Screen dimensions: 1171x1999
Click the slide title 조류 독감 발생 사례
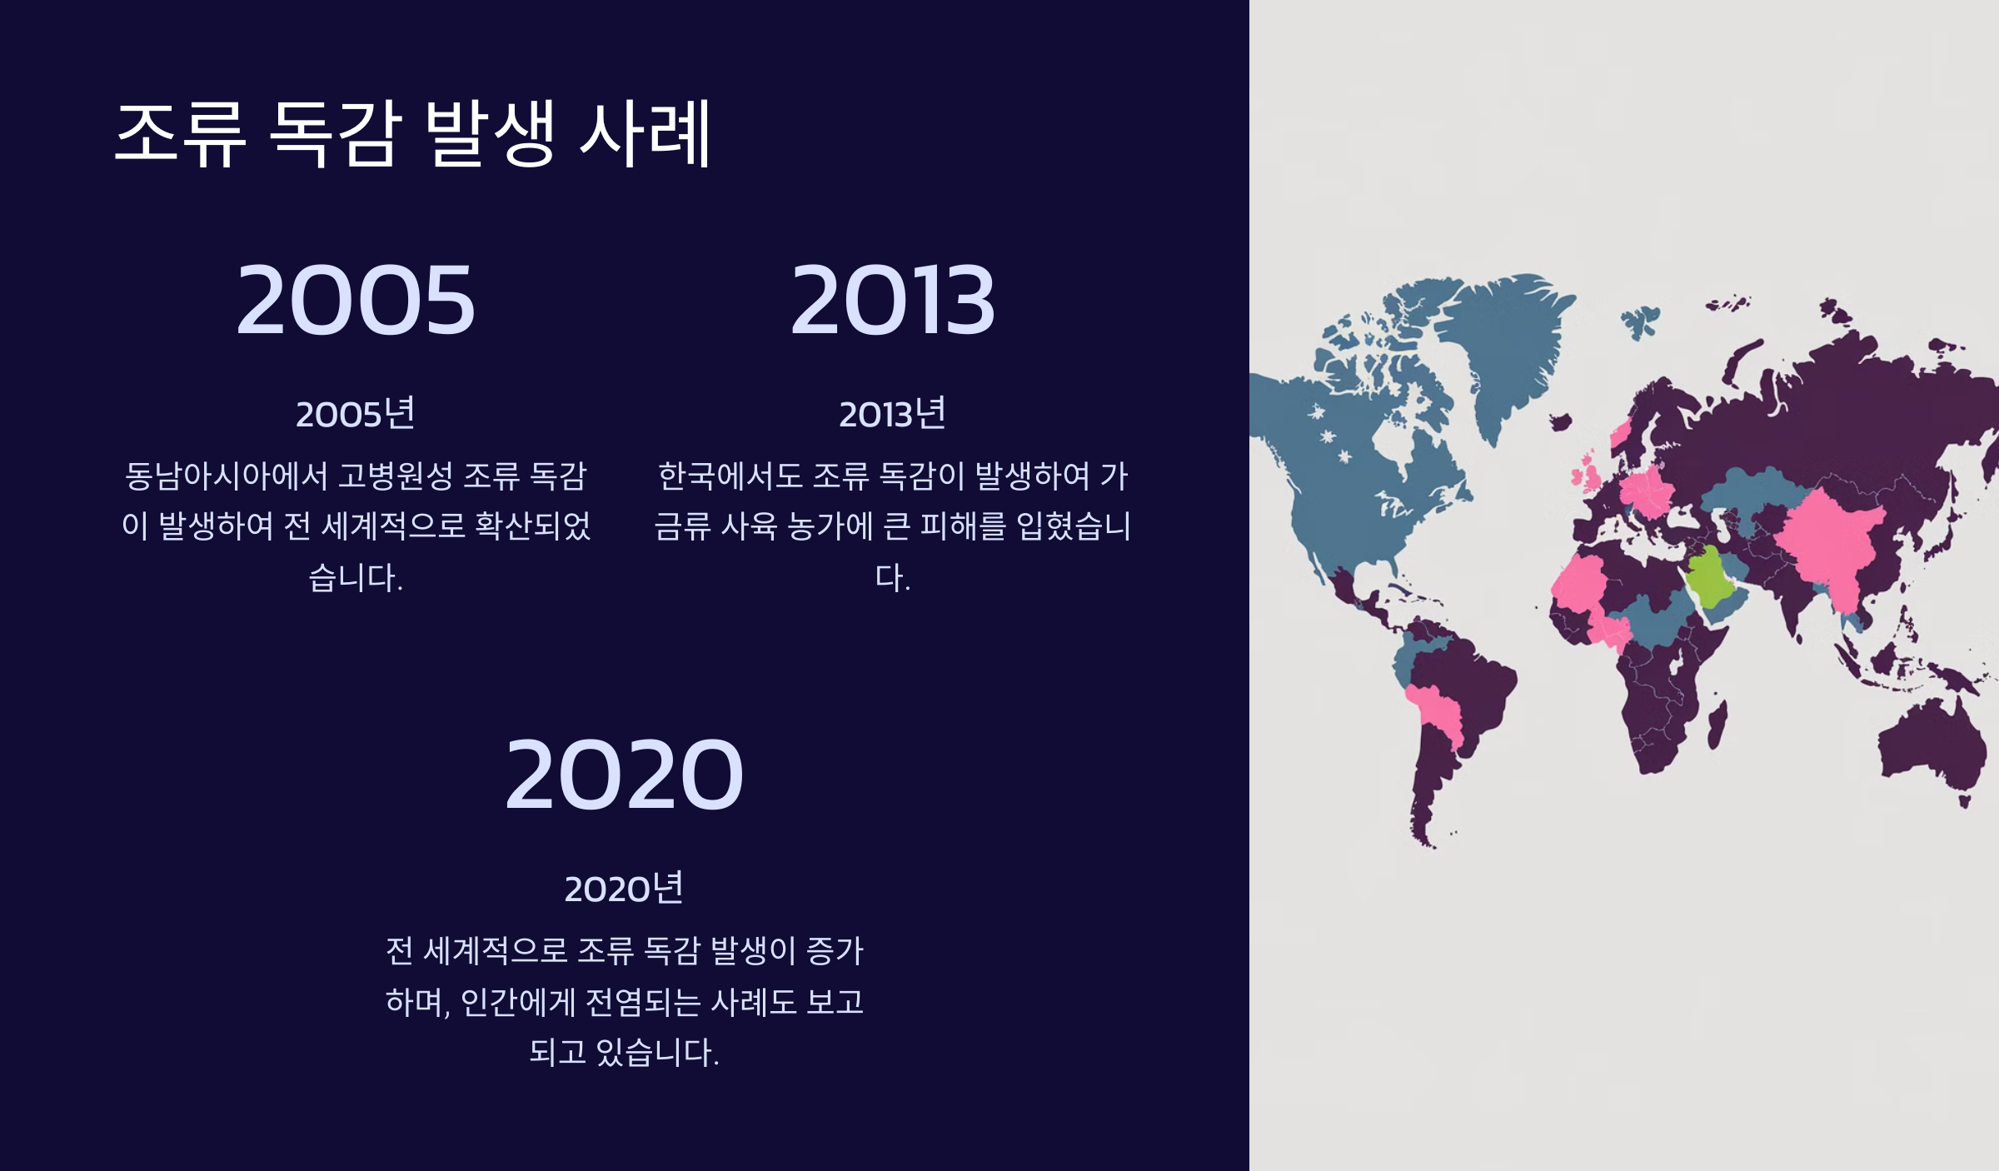[412, 133]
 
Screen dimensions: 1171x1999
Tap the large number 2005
[356, 300]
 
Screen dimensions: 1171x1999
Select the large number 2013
[892, 300]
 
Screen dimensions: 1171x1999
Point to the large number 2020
[624, 775]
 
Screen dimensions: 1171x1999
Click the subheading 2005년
[356, 414]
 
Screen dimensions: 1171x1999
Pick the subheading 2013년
[892, 414]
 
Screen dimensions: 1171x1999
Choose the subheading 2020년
[624, 889]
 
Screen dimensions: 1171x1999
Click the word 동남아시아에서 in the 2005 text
[227, 476]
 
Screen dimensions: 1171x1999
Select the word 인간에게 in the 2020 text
[517, 1002]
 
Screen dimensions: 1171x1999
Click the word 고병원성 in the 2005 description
[396, 476]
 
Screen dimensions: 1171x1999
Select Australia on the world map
[1932, 750]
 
